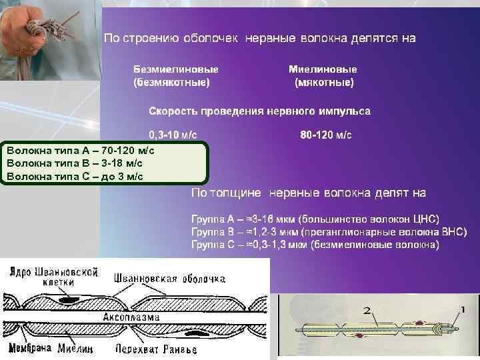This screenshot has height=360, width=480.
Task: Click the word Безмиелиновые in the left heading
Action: point(176,69)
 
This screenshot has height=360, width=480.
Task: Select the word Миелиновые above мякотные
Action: point(323,69)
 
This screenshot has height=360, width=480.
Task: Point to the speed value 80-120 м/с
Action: point(326,135)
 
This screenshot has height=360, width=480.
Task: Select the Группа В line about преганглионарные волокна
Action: point(329,232)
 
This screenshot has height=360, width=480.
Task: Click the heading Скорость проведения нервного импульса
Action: point(259,111)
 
